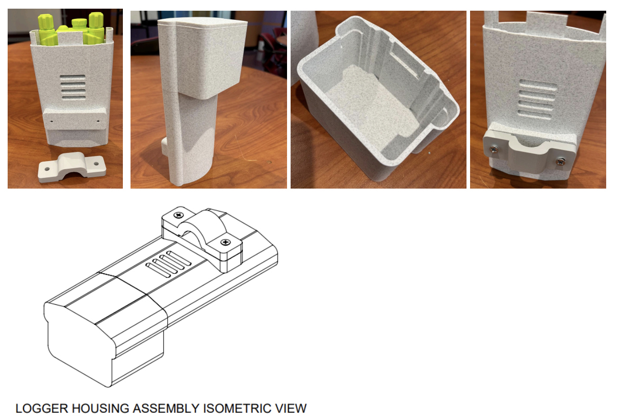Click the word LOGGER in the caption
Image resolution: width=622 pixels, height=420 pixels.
pos(42,409)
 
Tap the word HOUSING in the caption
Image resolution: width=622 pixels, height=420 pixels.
pos(100,409)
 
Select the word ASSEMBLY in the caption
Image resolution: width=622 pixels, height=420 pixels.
pos(166,409)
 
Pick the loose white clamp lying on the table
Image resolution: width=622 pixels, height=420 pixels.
pos(72,167)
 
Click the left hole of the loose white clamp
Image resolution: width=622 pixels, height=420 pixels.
pos(47,169)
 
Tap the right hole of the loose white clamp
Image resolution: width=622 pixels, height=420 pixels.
pos(96,164)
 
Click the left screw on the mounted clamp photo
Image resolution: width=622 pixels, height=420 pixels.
pos(494,150)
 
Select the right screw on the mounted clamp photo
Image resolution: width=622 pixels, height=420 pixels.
pos(560,162)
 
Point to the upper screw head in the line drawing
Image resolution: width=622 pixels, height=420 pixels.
pos(179,215)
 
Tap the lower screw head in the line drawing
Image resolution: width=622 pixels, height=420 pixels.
pos(226,242)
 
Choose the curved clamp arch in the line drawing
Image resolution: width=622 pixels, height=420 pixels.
pos(204,225)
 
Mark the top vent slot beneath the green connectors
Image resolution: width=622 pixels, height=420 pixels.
pos(73,77)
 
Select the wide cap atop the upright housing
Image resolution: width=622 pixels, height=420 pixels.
pos(203,56)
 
